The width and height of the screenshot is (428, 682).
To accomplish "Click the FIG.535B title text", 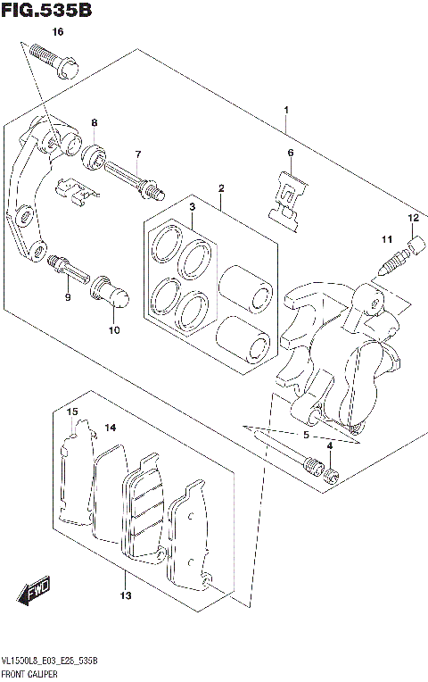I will pyautogui.click(x=46, y=11).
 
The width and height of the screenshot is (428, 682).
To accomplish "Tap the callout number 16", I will pyautogui.click(x=58, y=32).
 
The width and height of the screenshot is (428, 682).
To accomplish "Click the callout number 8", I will pyautogui.click(x=94, y=122).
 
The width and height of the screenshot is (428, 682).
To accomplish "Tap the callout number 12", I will pyautogui.click(x=414, y=218).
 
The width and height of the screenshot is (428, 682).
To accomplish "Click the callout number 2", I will pyautogui.click(x=220, y=187).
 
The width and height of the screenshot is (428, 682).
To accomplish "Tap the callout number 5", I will pyautogui.click(x=306, y=436).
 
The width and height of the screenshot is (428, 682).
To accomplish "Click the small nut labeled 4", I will pyautogui.click(x=332, y=473).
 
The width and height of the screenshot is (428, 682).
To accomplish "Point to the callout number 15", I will pyautogui.click(x=73, y=412).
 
